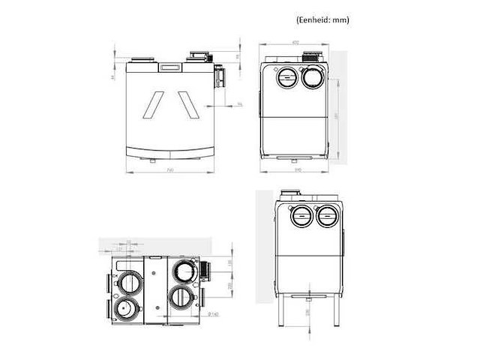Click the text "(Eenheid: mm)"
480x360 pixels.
(319, 20)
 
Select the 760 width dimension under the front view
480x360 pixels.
(171, 170)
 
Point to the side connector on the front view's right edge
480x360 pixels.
(220, 76)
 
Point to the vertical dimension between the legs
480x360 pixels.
(307, 310)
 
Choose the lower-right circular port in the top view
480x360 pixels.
(181, 296)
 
